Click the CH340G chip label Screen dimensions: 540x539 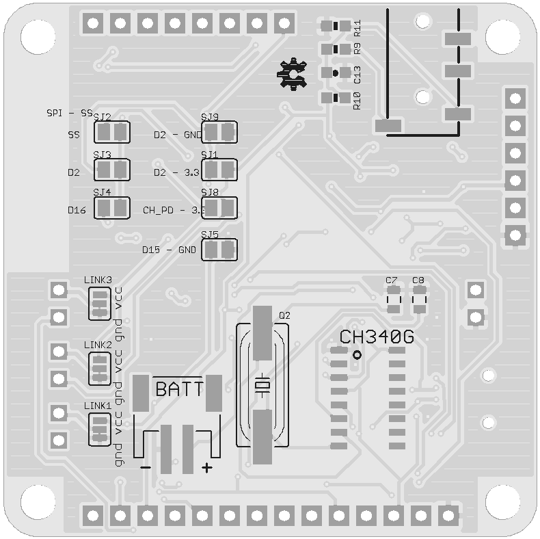click(x=377, y=337)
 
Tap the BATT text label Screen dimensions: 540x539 click(x=179, y=390)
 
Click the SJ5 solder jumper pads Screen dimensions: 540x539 click(x=219, y=250)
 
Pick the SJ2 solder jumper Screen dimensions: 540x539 click(x=111, y=131)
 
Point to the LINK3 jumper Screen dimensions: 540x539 click(x=100, y=303)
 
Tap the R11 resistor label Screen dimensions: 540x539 click(x=357, y=28)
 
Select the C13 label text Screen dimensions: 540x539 click(x=357, y=75)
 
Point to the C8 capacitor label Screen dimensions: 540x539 click(x=418, y=280)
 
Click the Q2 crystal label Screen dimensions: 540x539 click(x=285, y=315)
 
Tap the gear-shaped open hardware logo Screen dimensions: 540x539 click(x=293, y=75)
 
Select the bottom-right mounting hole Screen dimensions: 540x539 click(x=503, y=502)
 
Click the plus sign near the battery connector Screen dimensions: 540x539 click(x=206, y=468)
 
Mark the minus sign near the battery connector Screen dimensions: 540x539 click(x=145, y=467)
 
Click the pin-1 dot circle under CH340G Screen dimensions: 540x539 click(x=357, y=354)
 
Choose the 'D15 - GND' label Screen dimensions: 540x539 click(x=169, y=250)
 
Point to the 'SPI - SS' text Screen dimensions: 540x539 click(x=69, y=113)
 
